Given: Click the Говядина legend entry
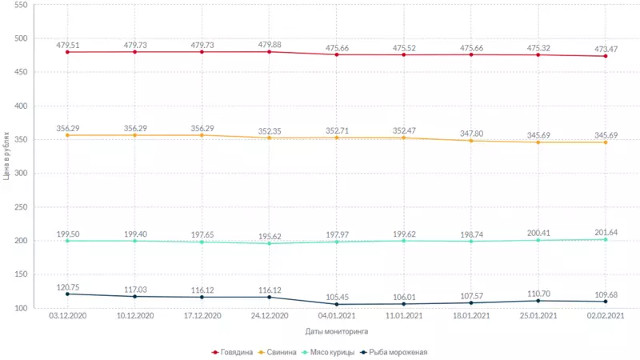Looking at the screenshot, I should (237, 352).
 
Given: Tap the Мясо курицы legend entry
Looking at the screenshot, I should (332, 352).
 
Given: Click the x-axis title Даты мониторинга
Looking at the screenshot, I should (337, 330).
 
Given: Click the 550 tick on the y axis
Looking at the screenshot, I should (21, 5).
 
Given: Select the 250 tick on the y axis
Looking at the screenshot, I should (21, 207).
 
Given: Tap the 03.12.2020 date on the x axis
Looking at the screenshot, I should (67, 317).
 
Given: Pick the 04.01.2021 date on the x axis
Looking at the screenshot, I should (337, 317).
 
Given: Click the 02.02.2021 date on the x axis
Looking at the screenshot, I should (606, 317).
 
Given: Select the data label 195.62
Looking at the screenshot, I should (269, 236).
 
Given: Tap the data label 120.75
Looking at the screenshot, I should (67, 286).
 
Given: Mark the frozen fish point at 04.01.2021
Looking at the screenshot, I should (337, 304).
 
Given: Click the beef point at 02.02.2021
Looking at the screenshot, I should (606, 56).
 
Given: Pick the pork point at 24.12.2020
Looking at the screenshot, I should (269, 138).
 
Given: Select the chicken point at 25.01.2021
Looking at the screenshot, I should (538, 240).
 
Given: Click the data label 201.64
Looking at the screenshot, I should (606, 232).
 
